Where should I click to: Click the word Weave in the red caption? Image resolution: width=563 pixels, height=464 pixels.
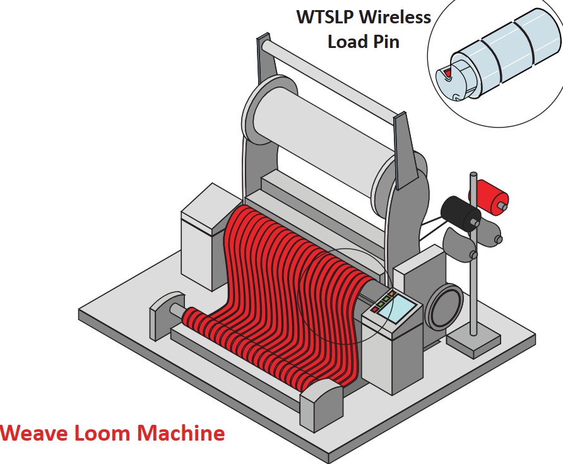tap(35, 433)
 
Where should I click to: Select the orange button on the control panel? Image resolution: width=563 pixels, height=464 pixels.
tap(391, 293)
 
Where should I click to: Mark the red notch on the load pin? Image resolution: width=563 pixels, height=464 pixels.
tap(447, 74)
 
